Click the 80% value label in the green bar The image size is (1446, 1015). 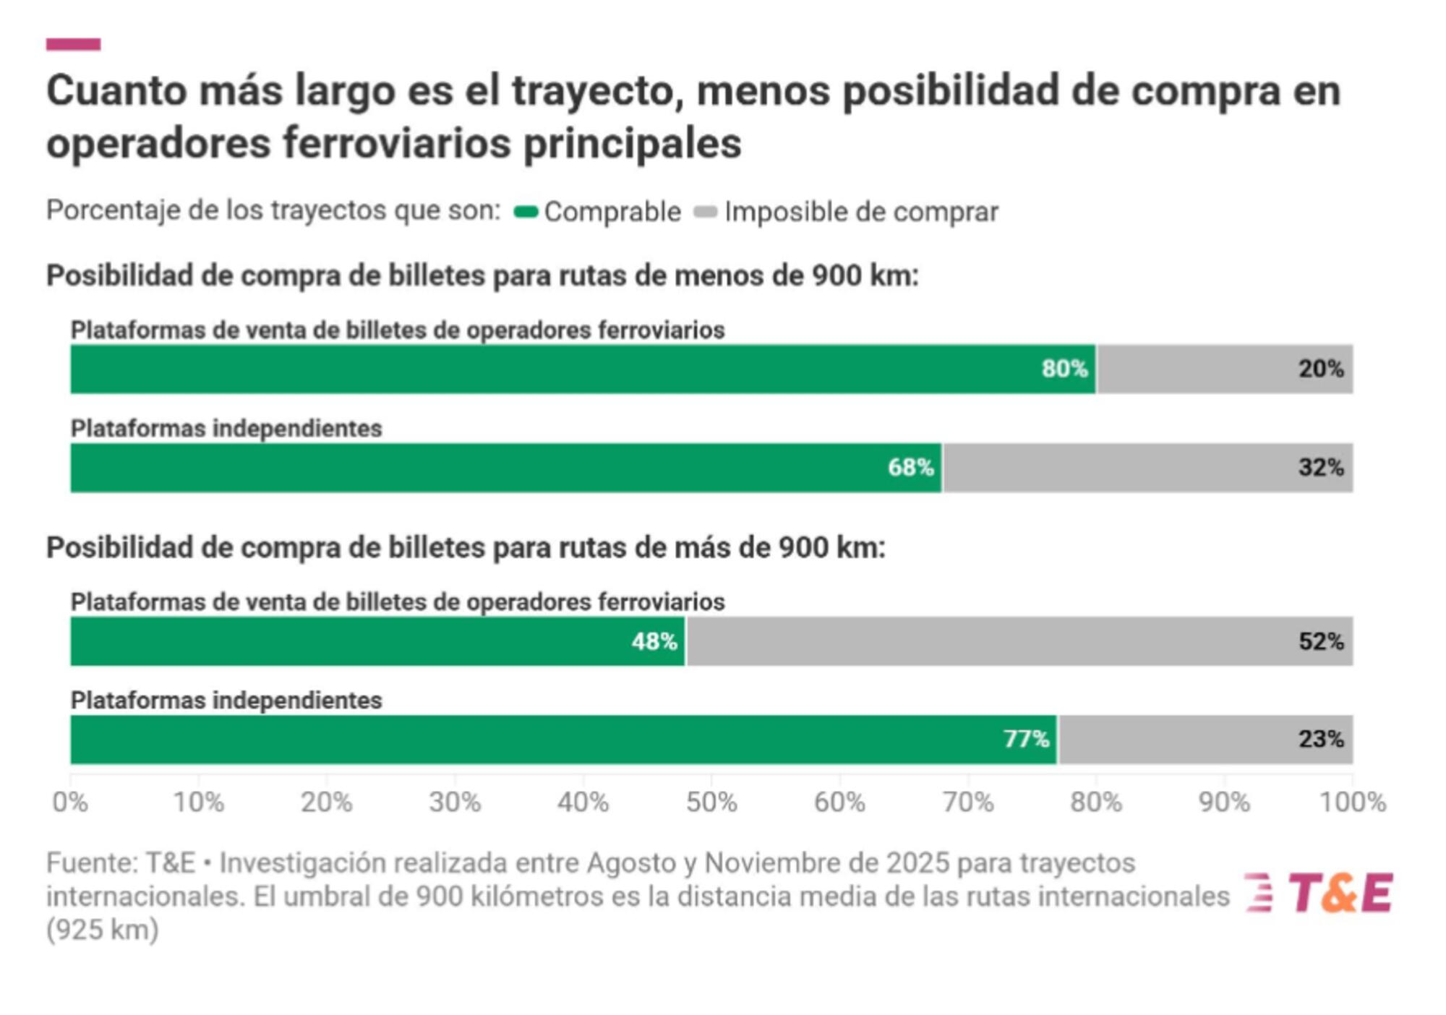(x=1064, y=369)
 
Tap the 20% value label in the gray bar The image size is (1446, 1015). (x=1320, y=369)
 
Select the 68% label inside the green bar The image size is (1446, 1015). (x=910, y=468)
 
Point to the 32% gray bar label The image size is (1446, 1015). (x=1320, y=468)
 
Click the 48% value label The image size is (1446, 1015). (x=654, y=641)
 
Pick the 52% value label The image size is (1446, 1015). (x=1320, y=641)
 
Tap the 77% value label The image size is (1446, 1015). (x=1026, y=739)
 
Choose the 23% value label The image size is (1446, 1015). (x=1320, y=739)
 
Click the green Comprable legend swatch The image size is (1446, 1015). (x=526, y=212)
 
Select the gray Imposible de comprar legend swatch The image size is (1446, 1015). (x=705, y=212)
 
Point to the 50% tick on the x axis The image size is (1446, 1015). (x=711, y=802)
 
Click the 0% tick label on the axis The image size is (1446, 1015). (x=70, y=802)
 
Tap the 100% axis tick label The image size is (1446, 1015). (x=1352, y=802)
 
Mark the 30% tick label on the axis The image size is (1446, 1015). (x=455, y=802)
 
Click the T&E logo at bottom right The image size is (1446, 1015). (x=1319, y=893)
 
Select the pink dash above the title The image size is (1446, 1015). (x=73, y=44)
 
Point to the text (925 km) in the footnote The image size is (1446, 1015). (x=102, y=930)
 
